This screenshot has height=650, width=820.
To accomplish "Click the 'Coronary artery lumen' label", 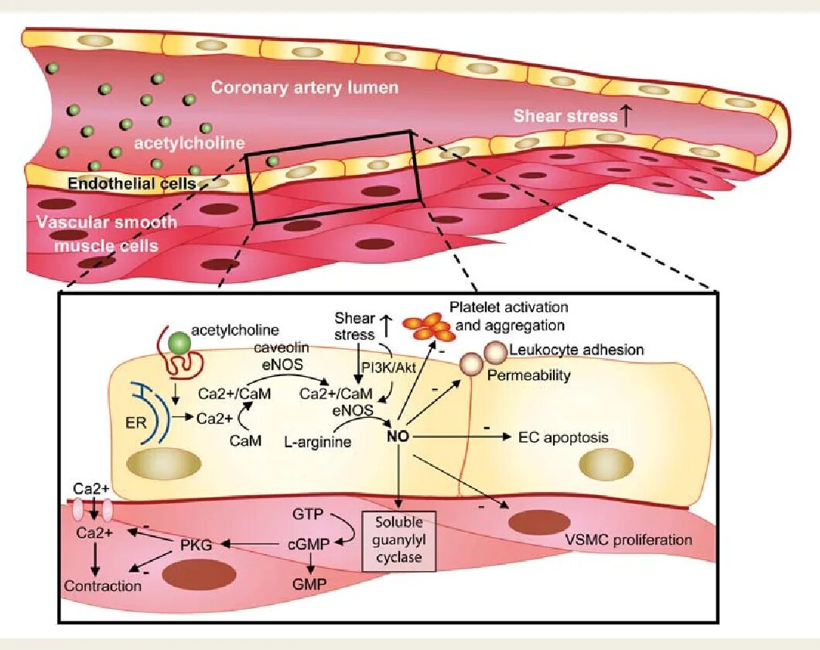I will pos(305,87).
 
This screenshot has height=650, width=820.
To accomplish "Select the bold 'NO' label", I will pos(398,438).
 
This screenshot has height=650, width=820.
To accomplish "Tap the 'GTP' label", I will pos(308,513).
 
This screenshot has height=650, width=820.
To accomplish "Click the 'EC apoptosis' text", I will pos(563,438).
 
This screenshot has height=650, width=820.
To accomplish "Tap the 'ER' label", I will pos(131,423).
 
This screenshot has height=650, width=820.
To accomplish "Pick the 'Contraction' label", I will pos(103,586).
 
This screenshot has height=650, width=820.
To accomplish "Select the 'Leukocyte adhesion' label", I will pos(576,350).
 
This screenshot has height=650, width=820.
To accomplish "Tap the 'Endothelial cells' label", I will pos(131,183).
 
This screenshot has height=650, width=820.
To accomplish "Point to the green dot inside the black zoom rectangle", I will pos(272,161).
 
